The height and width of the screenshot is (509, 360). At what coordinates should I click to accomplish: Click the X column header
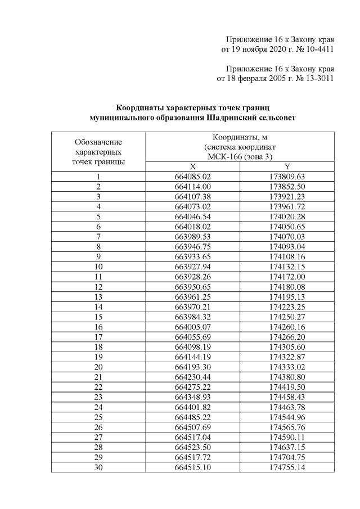(x=192, y=167)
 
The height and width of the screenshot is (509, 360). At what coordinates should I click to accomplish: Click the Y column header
(x=287, y=167)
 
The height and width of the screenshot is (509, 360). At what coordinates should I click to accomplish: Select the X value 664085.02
(x=192, y=177)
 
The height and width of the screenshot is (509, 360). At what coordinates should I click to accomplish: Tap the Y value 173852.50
(x=287, y=186)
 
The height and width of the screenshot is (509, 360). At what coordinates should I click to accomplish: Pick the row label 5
(x=98, y=216)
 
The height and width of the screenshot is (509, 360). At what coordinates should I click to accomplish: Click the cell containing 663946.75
(x=192, y=245)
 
